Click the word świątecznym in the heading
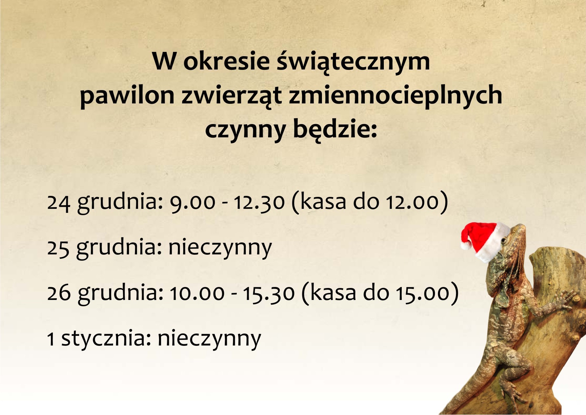354,62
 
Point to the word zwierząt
232,95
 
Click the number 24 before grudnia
59,203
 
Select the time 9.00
192,203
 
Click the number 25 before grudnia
58,248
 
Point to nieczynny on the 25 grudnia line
220,248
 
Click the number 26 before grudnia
59,293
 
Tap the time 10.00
197,293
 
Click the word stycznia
107,339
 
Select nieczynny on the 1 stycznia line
210,339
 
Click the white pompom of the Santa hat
466,245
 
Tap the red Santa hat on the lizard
485,240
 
